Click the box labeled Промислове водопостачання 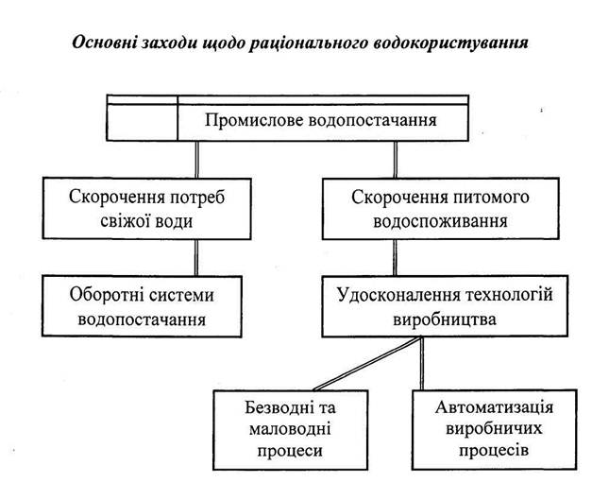321,120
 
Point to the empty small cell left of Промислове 143,121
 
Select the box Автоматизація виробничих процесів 494,428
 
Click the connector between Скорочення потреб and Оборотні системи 195,256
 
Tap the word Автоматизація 494,407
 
